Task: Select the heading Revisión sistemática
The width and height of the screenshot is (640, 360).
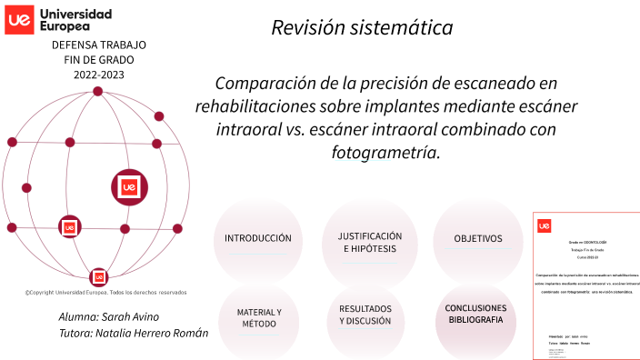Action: (x=362, y=28)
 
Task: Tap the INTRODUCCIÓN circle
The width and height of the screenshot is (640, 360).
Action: (x=258, y=238)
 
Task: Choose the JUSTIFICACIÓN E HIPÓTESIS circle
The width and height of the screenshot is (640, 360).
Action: (x=369, y=242)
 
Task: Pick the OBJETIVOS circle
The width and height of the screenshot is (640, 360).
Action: (x=478, y=239)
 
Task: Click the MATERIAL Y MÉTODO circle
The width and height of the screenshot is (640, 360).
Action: (x=258, y=317)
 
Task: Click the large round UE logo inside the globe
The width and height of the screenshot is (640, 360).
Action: (x=129, y=186)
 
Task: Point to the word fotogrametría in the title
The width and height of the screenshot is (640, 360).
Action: (x=386, y=153)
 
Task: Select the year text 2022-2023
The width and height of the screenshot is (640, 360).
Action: (x=98, y=75)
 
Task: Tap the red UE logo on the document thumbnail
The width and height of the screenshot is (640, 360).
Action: (x=545, y=225)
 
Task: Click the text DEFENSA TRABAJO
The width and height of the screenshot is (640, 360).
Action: (x=98, y=45)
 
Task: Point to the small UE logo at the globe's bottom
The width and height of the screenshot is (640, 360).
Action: (x=98, y=276)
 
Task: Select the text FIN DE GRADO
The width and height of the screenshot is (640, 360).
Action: (x=98, y=60)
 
